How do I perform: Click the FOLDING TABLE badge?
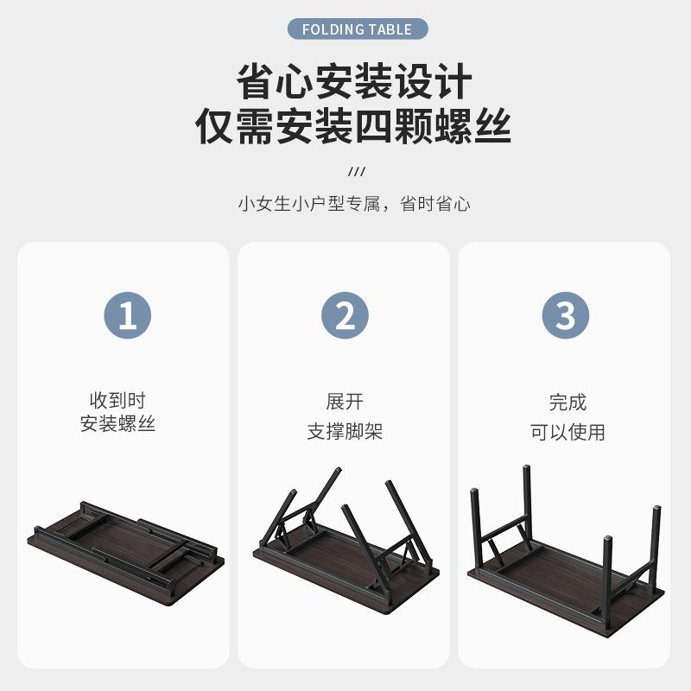point(358,29)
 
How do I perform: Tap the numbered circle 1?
point(127,315)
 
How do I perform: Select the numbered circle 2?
point(345,315)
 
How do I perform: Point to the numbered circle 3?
point(566,315)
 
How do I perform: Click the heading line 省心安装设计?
point(354,81)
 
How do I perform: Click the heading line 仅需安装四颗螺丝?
point(353,126)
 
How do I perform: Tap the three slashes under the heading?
point(357,171)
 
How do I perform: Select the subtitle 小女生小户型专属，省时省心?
point(354,204)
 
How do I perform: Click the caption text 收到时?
point(117,401)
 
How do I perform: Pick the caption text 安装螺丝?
point(117,424)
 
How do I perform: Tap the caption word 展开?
point(345,402)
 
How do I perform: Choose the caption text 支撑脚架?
point(345,431)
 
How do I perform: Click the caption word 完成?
point(567,403)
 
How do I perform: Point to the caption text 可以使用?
point(567,432)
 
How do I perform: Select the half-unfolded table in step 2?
point(346,541)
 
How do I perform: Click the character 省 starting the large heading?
point(255,81)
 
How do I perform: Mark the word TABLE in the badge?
point(390,29)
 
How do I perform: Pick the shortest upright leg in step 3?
point(607,580)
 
